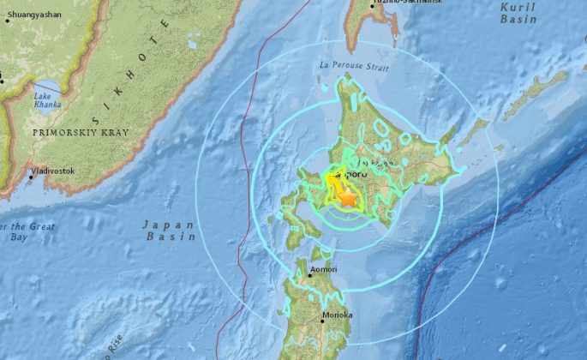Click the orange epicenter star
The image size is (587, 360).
tap(347, 197)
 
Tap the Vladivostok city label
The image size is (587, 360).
tap(53, 171)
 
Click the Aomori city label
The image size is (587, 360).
tap(325, 269)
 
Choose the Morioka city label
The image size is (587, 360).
tap(338, 315)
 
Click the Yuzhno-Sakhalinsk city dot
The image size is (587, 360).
tap(372, 5)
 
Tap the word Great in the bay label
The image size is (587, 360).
tap(39, 226)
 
